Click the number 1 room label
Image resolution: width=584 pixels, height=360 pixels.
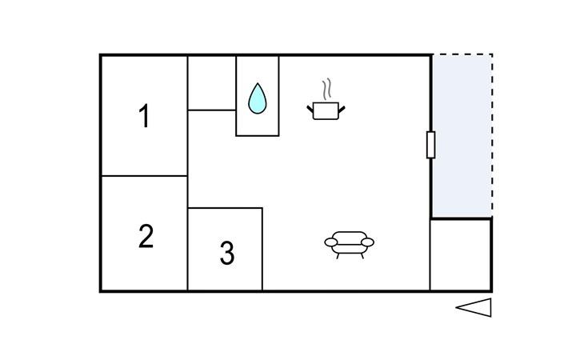pos(144,117)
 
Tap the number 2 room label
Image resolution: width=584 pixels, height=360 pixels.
pos(145,237)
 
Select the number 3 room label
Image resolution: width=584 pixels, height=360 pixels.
pos(227,254)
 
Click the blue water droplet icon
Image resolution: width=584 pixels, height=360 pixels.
pos(257,98)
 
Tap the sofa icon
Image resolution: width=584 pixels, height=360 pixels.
pos(350,242)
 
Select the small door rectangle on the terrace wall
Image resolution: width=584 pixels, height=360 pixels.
pos(431,145)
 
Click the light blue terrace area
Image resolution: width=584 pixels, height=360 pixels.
pos(462,136)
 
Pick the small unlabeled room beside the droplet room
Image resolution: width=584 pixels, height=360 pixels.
pos(211,83)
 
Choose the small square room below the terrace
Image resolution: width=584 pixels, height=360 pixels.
pos(461,254)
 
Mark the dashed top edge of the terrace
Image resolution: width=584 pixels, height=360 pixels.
pos(462,55)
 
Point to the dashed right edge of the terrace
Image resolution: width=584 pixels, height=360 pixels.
pos(491,136)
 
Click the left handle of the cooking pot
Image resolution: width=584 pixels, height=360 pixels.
pos(311,106)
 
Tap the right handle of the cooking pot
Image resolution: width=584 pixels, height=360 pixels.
pos(342,106)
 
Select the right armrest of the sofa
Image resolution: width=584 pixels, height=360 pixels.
pos(369,242)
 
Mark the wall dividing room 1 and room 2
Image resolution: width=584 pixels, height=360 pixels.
pos(144,176)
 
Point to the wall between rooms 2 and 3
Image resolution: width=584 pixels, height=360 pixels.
pos(187,248)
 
